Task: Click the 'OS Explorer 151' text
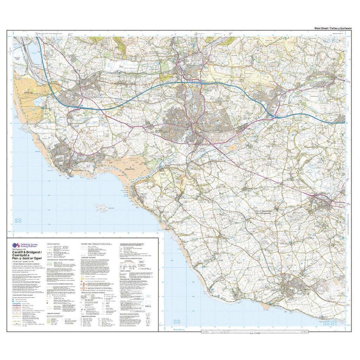[21, 249]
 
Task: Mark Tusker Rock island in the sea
[102, 208]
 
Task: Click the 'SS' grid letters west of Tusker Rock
[19, 221]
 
